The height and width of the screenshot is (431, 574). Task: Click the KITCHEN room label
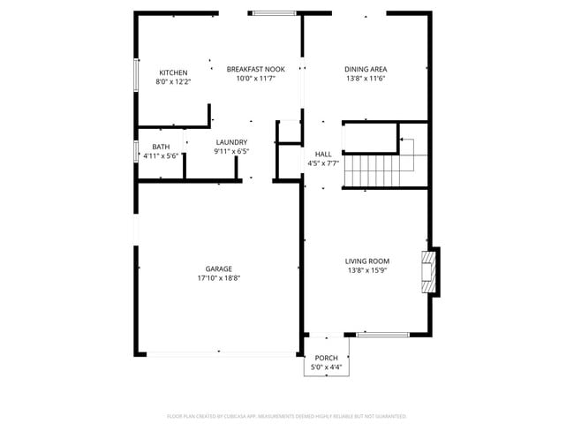[172, 72]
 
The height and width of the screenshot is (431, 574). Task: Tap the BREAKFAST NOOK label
[255, 69]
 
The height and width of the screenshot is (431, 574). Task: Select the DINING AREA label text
[366, 69]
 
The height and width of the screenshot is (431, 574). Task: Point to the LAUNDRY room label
[231, 142]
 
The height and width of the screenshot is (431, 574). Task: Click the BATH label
[161, 147]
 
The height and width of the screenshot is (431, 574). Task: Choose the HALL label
[323, 154]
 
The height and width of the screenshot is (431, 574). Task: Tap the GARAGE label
[219, 268]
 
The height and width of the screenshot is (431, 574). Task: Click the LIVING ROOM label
[366, 261]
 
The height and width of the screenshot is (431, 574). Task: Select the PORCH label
[327, 358]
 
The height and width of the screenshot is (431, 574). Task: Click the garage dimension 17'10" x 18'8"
[219, 278]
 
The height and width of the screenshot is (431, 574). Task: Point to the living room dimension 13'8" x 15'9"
[366, 270]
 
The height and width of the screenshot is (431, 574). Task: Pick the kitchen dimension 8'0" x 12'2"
[173, 81]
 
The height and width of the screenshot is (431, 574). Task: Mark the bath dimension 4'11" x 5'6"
[161, 156]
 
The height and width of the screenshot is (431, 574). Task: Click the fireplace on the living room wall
[429, 272]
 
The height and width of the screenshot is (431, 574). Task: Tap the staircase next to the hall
[372, 170]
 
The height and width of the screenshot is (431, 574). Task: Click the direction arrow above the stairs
[405, 140]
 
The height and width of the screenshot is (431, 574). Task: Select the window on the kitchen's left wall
[136, 75]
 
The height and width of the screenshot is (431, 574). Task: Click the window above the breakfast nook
[274, 13]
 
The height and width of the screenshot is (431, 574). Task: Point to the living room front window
[382, 335]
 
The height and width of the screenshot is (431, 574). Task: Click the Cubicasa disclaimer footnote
[287, 415]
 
